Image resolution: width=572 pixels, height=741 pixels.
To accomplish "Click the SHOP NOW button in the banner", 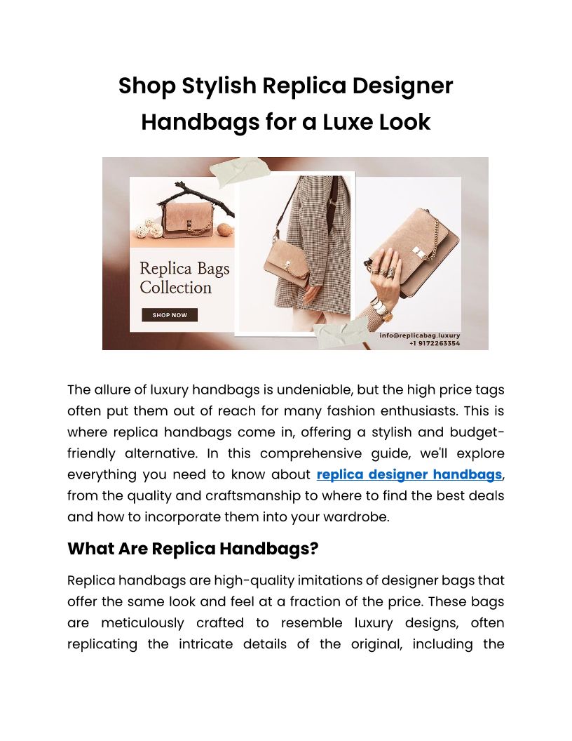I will [170, 315].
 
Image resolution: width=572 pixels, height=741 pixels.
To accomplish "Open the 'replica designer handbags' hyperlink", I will [409, 474].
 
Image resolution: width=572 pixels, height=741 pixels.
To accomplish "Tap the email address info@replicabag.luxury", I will [420, 335].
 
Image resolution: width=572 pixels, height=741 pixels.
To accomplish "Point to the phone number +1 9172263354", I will [435, 343].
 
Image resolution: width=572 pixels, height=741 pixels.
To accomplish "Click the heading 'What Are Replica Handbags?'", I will [193, 548].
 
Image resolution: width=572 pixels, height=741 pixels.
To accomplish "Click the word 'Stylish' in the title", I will [219, 86].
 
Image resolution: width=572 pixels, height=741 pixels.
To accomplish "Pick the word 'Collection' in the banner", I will [175, 287].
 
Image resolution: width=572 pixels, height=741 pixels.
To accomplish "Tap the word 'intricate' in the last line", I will [250, 644].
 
